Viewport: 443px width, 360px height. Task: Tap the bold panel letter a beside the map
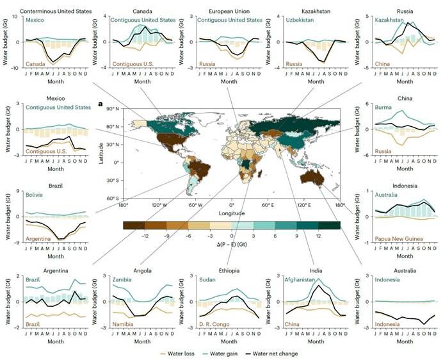pyautogui.click(x=101, y=103)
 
